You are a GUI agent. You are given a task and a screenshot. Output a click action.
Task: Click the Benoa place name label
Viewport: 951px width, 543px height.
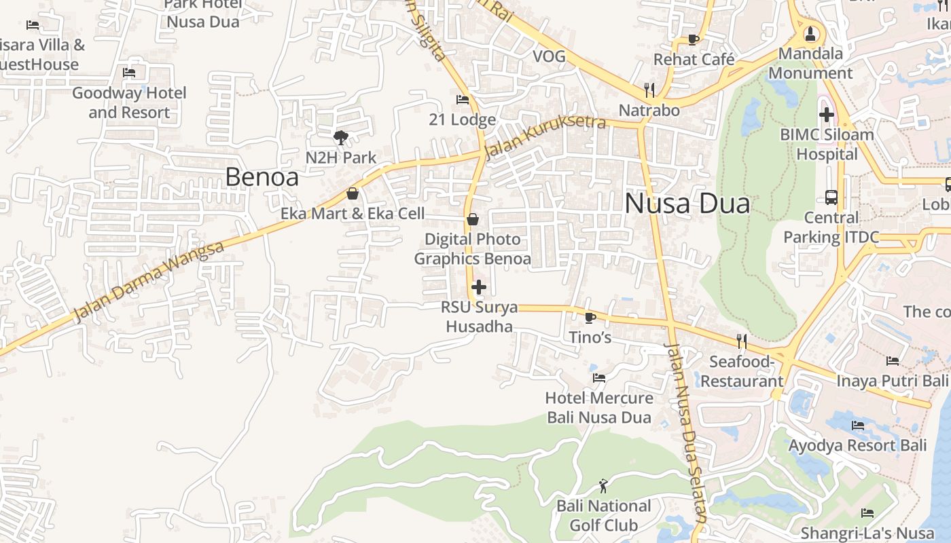coord(262,177)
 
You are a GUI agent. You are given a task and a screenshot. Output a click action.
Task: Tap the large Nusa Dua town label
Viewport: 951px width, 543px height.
coord(687,204)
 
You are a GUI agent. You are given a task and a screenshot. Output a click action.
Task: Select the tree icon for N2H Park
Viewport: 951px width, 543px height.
coord(340,138)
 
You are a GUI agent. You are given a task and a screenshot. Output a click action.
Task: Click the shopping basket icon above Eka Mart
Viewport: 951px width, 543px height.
coord(353,194)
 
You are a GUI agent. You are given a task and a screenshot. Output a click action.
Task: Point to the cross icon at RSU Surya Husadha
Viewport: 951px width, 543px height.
coord(479,287)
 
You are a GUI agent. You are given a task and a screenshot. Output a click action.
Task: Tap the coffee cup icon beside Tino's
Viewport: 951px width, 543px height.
coord(590,317)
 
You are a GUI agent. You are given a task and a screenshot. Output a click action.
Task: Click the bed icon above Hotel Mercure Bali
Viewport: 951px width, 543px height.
coord(599,378)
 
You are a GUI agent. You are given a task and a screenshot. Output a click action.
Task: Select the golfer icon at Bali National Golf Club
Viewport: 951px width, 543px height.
coord(603,486)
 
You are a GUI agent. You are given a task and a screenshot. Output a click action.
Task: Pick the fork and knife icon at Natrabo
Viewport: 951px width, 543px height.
coord(649,90)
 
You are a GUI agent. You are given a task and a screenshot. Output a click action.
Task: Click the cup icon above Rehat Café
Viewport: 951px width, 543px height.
coord(694,39)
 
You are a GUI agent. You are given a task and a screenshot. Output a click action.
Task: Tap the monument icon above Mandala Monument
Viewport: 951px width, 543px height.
coord(810,33)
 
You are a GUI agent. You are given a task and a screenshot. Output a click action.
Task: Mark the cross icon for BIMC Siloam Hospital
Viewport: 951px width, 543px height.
coord(826,115)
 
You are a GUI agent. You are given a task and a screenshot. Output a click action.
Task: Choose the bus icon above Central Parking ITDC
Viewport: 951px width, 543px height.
coord(831,198)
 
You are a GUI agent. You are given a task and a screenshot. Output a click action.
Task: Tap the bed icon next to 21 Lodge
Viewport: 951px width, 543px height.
coord(463,100)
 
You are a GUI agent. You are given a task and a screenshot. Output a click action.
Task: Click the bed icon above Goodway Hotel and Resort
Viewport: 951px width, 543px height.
coord(129,73)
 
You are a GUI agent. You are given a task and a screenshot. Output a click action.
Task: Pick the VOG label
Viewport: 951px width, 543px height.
coord(549,56)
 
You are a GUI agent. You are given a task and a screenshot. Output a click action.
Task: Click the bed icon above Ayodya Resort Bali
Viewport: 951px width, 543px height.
coord(858,426)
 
